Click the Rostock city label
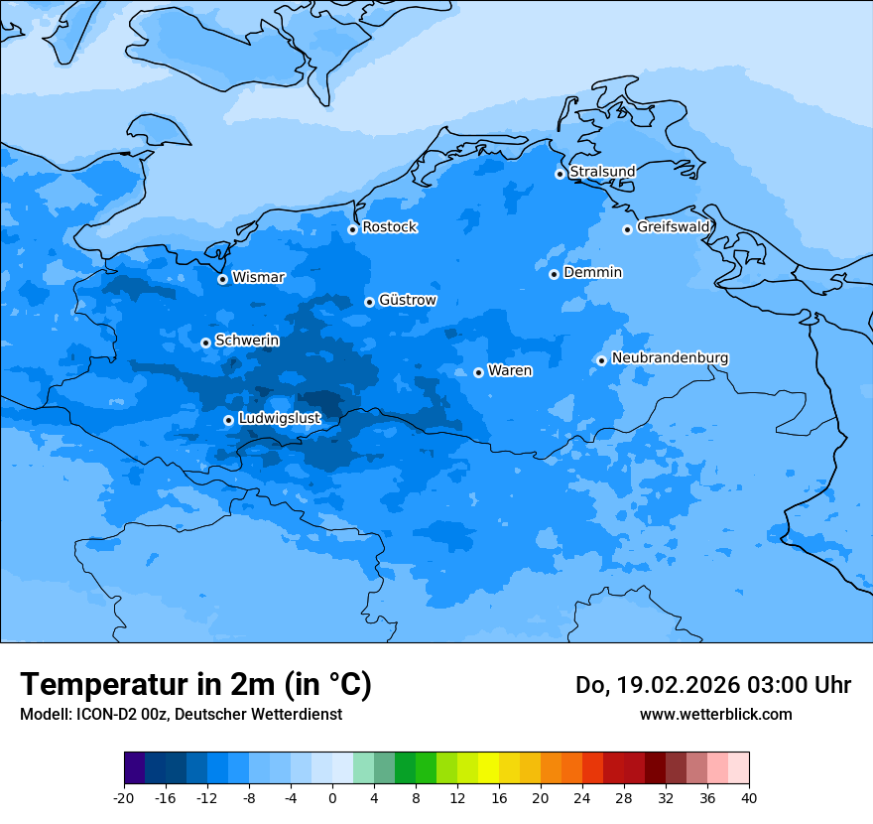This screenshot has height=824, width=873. click(389, 227)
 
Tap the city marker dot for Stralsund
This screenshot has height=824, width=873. click(560, 174)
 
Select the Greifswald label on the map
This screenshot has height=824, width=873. click(673, 227)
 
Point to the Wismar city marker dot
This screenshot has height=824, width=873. click(222, 279)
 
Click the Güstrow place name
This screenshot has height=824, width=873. click(407, 300)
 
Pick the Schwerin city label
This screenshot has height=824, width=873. click(247, 341)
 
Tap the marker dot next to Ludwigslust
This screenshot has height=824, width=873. click(228, 420)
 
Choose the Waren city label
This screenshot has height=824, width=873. click(510, 370)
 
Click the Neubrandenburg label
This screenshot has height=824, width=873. click(670, 357)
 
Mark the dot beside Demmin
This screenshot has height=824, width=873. click(554, 274)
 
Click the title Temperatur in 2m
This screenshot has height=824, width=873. click(195, 684)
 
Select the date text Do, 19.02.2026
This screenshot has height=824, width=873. click(655, 685)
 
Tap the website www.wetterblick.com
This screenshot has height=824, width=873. click(715, 714)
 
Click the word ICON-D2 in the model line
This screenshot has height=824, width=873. click(105, 714)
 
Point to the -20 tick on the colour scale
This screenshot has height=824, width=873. click(124, 797)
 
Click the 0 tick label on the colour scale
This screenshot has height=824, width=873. click(332, 797)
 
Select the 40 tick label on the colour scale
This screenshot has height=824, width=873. click(749, 797)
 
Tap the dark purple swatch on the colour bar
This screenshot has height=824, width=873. click(134, 768)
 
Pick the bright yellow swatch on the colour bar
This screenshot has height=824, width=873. click(488, 768)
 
